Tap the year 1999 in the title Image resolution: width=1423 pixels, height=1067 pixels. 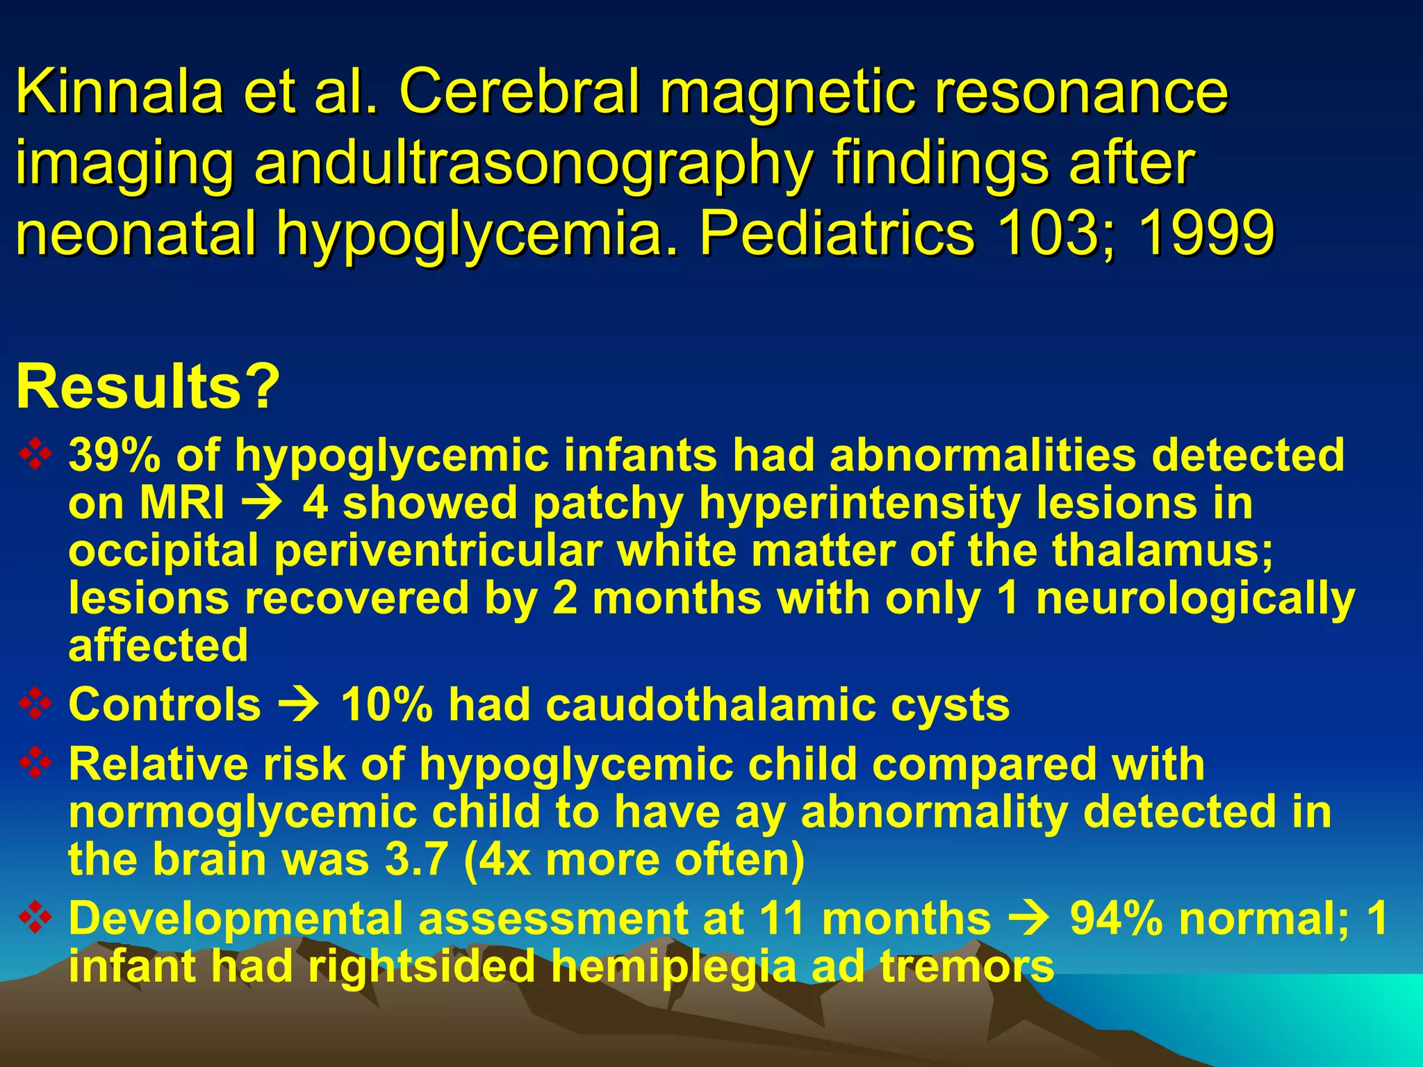1206,233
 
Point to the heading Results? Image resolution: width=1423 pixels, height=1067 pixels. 148,386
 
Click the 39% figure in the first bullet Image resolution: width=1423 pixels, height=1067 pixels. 115,456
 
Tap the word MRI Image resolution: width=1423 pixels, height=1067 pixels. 182,503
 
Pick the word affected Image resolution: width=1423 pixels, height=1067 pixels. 158,645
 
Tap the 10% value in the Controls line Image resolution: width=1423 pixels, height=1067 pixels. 386,704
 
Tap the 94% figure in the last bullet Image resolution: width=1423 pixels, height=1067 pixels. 1116,918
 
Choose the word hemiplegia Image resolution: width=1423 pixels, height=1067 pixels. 673,966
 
